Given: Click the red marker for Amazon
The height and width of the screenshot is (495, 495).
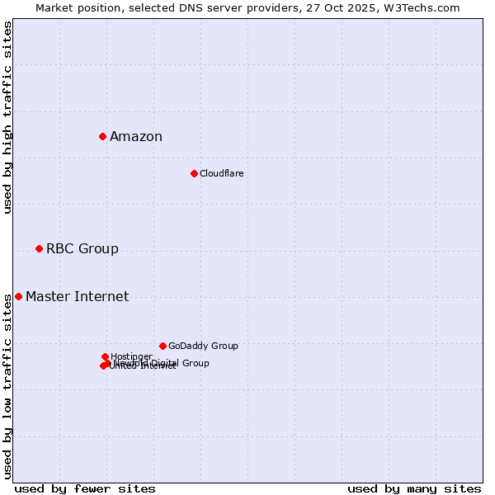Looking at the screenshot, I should pyautogui.click(x=102, y=136).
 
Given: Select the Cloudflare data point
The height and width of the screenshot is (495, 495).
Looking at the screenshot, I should pyautogui.click(x=194, y=173).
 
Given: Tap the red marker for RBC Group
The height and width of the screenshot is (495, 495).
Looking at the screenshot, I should pyautogui.click(x=39, y=248).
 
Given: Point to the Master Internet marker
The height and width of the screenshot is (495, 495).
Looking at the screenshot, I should pyautogui.click(x=18, y=296).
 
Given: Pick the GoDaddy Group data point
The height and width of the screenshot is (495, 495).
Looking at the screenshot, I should pyautogui.click(x=163, y=346).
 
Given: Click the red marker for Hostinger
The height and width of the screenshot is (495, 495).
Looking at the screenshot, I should pyautogui.click(x=105, y=356).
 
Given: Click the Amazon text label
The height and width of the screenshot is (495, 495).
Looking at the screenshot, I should pyautogui.click(x=136, y=137).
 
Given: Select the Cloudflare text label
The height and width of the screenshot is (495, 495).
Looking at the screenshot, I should pyautogui.click(x=221, y=173).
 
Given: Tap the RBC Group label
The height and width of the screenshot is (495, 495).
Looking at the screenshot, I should pyautogui.click(x=82, y=249).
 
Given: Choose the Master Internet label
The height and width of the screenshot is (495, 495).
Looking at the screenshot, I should pyautogui.click(x=77, y=297).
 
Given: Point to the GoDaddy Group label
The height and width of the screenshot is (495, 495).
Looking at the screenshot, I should pyautogui.click(x=203, y=346).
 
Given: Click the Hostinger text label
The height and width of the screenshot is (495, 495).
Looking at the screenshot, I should pyautogui.click(x=131, y=356).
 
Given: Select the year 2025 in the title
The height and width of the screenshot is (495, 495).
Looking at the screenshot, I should pyautogui.click(x=369, y=7).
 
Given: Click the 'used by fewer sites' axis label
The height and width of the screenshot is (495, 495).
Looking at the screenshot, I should pyautogui.click(x=85, y=488).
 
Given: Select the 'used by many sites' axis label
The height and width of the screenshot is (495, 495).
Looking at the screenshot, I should pyautogui.click(x=414, y=488).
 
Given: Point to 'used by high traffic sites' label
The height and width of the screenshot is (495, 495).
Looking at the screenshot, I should pyautogui.click(x=8, y=117).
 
